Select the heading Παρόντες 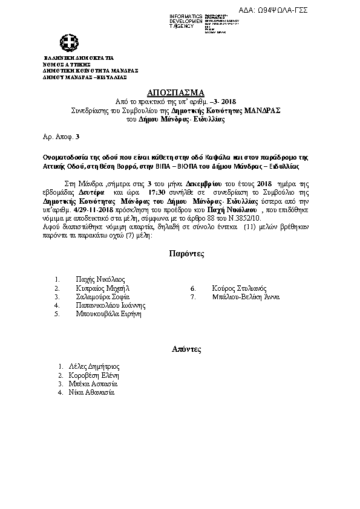tap(186, 254)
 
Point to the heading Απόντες tap(186, 349)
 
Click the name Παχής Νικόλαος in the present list tap(100, 279)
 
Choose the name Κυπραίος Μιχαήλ tap(103, 288)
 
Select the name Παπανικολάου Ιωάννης tap(111, 306)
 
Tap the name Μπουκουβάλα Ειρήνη tap(108, 314)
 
